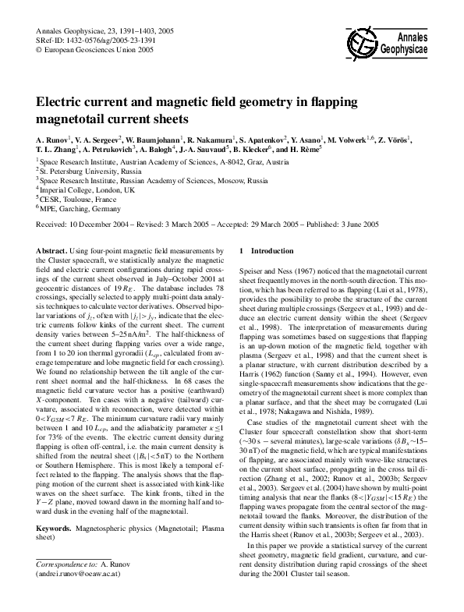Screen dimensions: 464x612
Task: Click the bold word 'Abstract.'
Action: [53, 251]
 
